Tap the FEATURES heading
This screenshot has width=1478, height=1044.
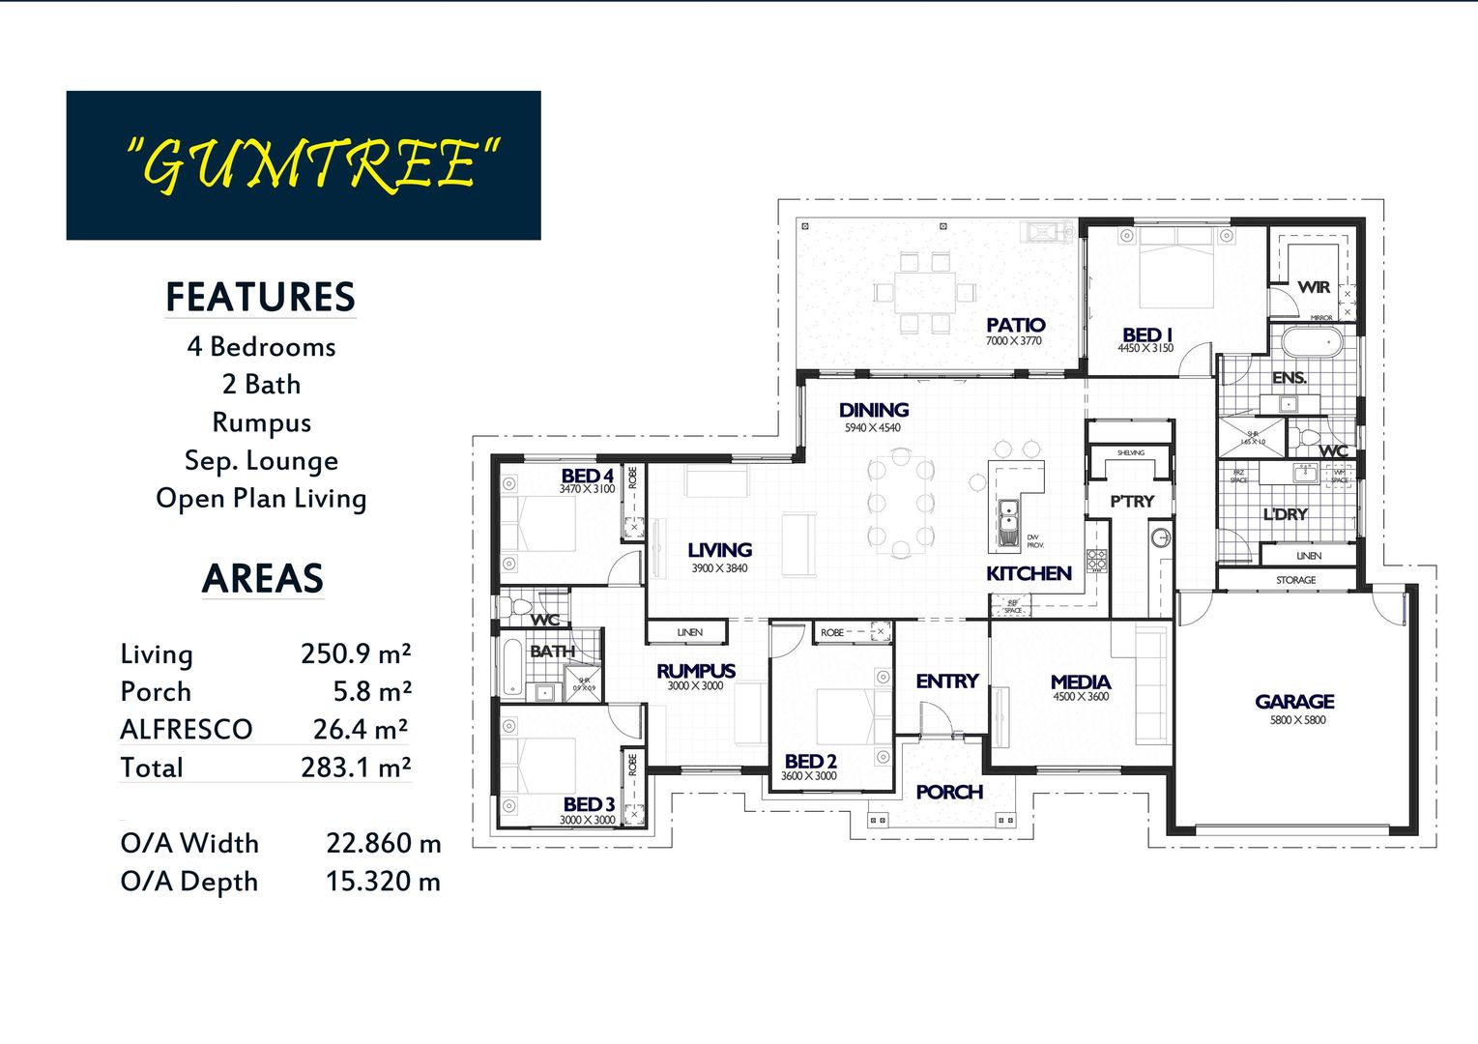(260, 297)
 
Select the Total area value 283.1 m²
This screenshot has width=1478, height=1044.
(356, 768)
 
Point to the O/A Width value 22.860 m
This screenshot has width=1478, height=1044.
(383, 843)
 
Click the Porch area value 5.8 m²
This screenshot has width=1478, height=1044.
(372, 692)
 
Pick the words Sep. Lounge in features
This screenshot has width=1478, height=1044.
(261, 460)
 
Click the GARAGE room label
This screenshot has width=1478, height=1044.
(1294, 702)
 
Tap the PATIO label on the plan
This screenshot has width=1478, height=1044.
(1015, 326)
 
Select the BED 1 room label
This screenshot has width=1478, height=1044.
(1146, 334)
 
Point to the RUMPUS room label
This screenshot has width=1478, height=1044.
(696, 671)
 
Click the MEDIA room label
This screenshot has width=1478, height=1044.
(1081, 682)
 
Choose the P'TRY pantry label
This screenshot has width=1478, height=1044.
(1132, 502)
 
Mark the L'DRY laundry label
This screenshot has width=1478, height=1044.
(1285, 514)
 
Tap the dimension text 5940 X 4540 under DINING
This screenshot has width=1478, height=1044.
(872, 427)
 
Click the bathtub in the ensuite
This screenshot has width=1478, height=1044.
(1305, 343)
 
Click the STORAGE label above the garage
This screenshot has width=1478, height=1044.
(1295, 580)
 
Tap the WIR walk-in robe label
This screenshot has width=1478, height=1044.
(1314, 287)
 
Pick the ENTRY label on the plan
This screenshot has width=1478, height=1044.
(947, 681)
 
